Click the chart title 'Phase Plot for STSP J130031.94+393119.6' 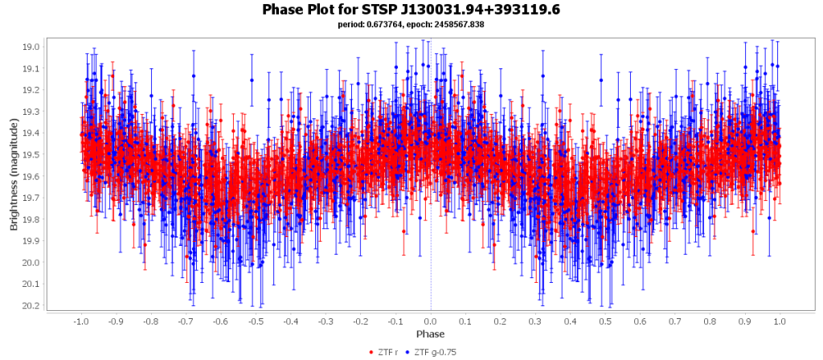[x=411, y=10]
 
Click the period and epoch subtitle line [x=411, y=24]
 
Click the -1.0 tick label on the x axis [x=80, y=321]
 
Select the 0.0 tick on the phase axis [x=431, y=321]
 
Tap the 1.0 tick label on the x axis [x=780, y=321]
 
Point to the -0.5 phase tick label [x=256, y=321]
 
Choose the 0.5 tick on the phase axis [x=605, y=321]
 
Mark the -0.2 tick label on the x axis [x=360, y=321]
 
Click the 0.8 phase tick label [x=710, y=321]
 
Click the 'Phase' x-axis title [x=430, y=333]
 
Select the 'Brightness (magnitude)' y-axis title [x=14, y=177]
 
